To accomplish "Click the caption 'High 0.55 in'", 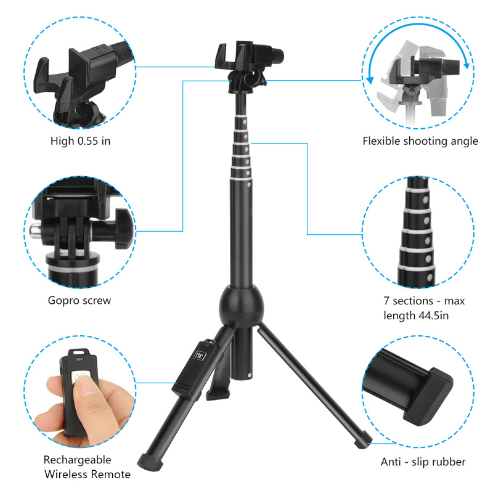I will pos(80,141).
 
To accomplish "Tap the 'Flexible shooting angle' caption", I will pos(420,141).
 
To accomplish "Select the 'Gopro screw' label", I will pos(79,301).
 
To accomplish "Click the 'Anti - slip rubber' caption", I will pos(422,462).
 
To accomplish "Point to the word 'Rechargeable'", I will pos(77,460).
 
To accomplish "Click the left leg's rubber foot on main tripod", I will pos(149,460).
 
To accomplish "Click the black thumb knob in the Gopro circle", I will pos(120,227).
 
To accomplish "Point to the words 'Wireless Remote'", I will pos(87,475).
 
